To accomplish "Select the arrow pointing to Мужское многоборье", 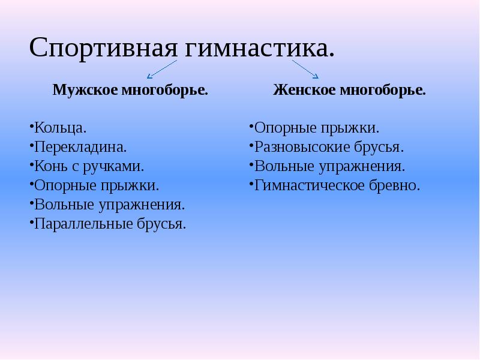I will [161, 69].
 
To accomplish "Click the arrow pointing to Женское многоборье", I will [305, 69].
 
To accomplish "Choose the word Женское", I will [304, 91].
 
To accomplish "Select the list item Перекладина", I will [80, 146].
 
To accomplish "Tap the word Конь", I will [50, 166].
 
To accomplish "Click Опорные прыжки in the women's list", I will [316, 127].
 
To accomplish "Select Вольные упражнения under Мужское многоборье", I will [109, 205].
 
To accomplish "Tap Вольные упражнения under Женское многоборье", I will [329, 166].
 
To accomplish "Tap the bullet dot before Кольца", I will [31, 127].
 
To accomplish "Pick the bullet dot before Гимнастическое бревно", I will [251, 185].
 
